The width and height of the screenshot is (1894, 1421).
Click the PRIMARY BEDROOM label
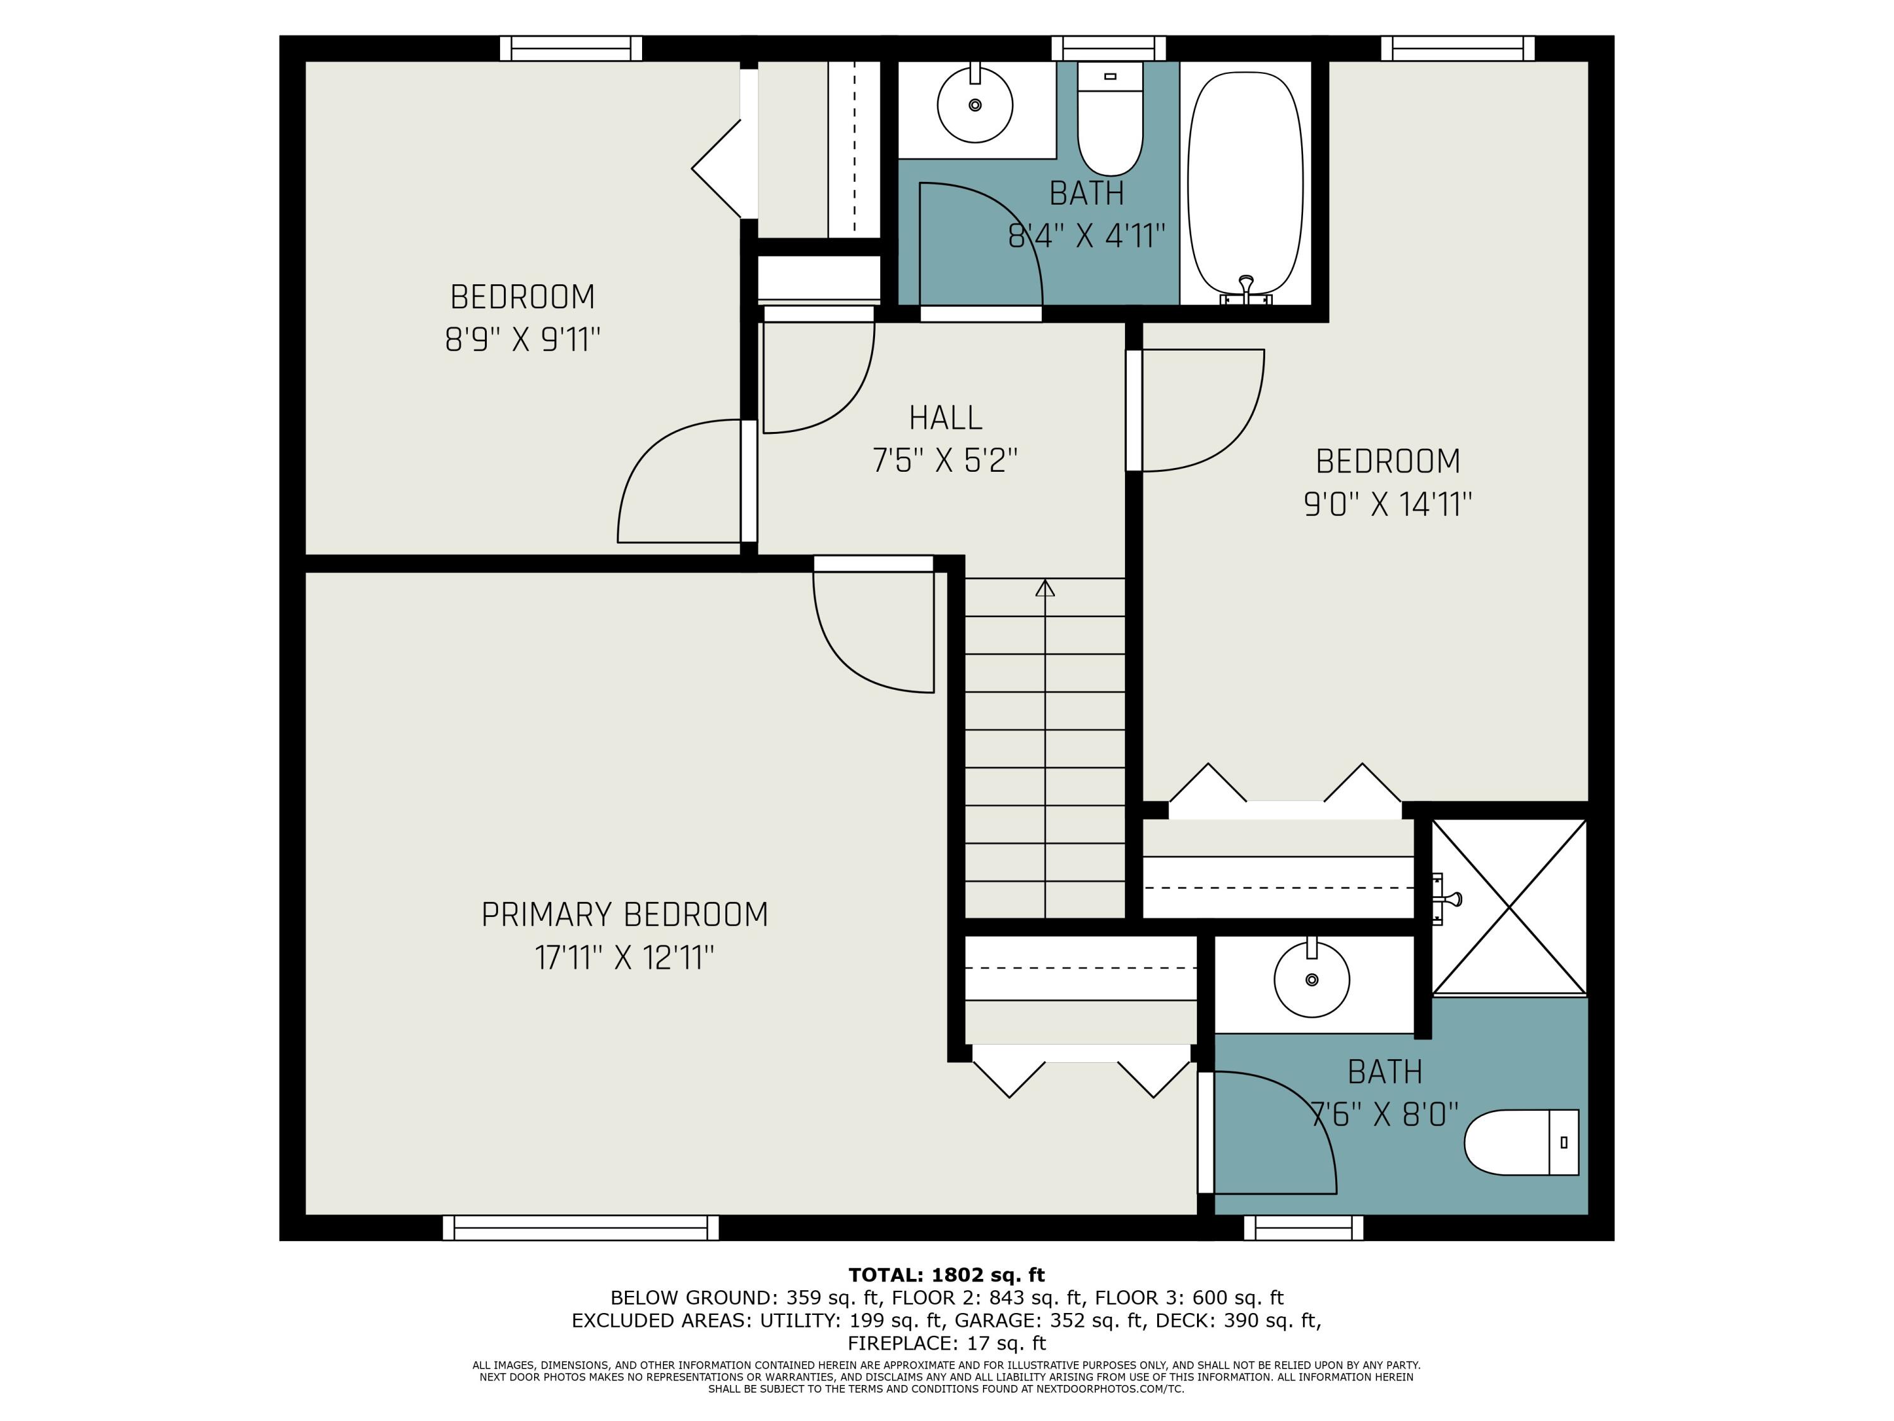point(624,914)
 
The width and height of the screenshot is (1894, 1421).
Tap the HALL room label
point(945,418)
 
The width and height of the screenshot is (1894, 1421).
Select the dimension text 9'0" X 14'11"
point(1387,505)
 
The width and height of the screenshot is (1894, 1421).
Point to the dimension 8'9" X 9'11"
point(522,340)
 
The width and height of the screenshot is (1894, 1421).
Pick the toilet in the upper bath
point(1110,118)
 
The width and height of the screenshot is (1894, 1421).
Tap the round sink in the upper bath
point(975,104)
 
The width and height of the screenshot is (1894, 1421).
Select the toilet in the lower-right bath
point(1522,1142)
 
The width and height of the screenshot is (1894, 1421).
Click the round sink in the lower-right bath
point(1312,978)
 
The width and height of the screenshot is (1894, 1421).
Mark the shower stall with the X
point(1510,906)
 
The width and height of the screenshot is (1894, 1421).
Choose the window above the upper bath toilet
point(1109,48)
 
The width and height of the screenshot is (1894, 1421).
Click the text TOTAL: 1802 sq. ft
point(946,1275)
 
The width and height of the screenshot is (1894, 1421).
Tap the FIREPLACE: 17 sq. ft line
point(946,1343)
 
